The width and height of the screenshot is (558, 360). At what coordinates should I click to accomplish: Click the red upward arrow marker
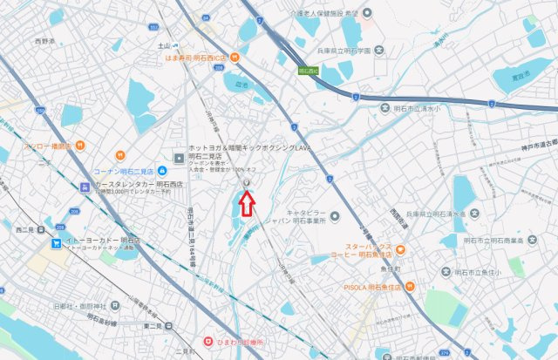pos(247,204)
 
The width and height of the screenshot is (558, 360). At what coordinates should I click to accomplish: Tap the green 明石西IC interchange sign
pos(310,71)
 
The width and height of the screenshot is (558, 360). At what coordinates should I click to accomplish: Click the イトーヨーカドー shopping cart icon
pos(57,244)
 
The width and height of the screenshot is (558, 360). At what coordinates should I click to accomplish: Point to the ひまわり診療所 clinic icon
pos(208,341)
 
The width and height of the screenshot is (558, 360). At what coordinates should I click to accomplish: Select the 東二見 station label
pos(153,326)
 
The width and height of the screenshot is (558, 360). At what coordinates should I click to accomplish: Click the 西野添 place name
pos(44,41)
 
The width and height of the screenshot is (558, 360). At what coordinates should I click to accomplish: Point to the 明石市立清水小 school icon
pos(385,108)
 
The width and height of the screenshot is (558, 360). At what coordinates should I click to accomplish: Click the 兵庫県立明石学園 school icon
pos(381,51)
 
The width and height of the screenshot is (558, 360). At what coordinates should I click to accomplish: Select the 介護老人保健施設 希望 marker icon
pos(367,13)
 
